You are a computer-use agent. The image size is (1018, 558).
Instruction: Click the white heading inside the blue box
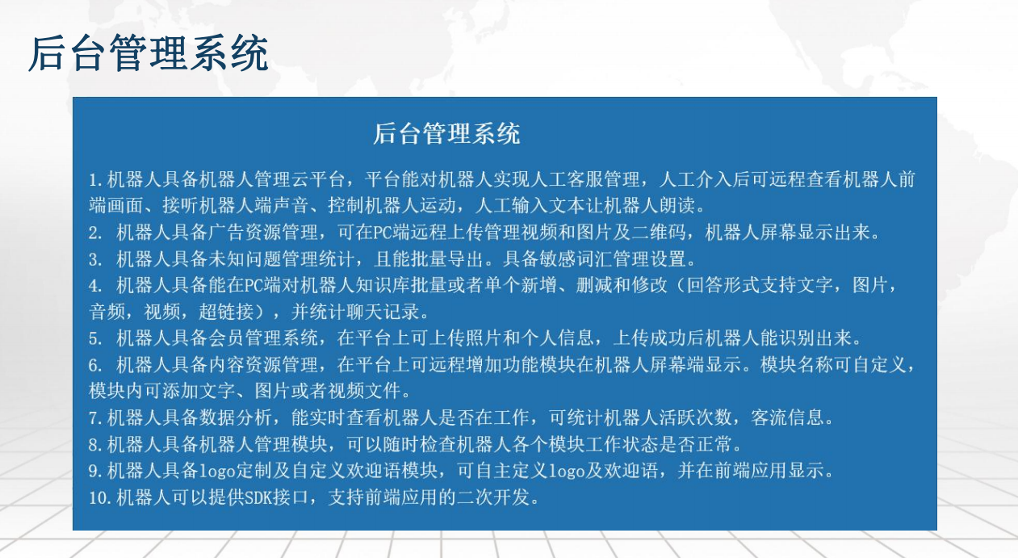point(446,134)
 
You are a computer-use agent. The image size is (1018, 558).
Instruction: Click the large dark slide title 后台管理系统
point(148,54)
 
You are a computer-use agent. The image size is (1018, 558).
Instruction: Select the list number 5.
point(94,338)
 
